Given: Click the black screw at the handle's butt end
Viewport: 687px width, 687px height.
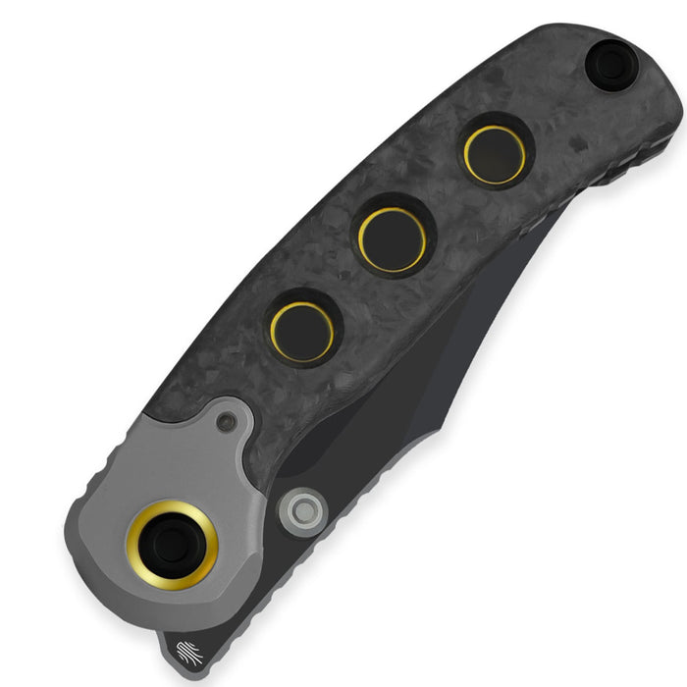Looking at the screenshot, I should pyautogui.click(x=612, y=65).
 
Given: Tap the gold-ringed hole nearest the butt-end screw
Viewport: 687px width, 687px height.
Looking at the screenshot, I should pyautogui.click(x=495, y=154).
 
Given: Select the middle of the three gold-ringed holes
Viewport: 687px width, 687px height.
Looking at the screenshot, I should pyautogui.click(x=392, y=239).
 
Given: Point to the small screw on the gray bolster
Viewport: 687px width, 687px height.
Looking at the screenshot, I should pyautogui.click(x=228, y=422).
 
